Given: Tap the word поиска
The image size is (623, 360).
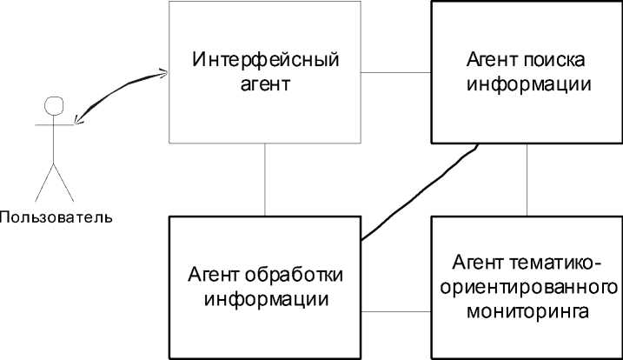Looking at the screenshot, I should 557,63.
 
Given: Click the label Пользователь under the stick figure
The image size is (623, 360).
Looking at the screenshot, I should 56,215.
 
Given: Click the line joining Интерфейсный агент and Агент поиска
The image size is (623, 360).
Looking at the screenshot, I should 395,71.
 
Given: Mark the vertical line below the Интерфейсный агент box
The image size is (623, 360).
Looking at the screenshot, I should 265,179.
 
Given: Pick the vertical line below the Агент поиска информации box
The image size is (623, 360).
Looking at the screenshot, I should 527,179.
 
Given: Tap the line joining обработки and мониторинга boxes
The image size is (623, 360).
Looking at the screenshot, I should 395,310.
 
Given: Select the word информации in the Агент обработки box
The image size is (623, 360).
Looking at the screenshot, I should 265,300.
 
